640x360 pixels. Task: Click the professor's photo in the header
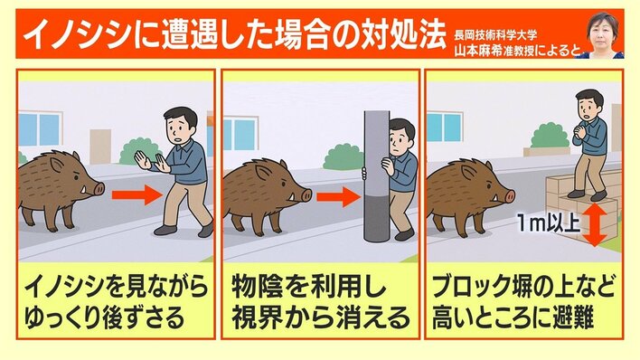point(602,34)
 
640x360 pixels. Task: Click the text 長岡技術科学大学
point(495,35)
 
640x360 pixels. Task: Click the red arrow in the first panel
point(137,196)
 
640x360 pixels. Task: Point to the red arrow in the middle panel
point(339,197)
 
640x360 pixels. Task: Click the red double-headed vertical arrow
point(595,224)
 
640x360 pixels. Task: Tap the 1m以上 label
point(548,223)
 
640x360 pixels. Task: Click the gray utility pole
point(376,175)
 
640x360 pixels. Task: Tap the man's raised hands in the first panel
point(152,161)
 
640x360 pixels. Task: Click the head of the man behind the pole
point(401,137)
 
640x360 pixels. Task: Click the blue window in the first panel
point(40,129)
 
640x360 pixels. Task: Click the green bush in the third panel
point(550,136)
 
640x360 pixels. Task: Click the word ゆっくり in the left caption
point(66,317)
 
